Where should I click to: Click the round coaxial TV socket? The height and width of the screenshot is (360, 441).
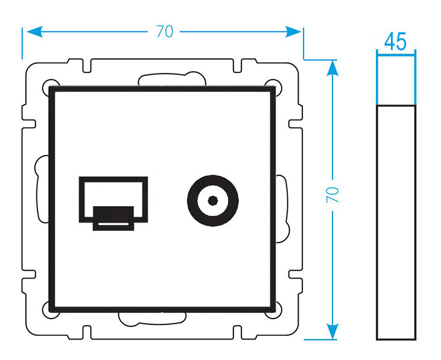coord(212,199)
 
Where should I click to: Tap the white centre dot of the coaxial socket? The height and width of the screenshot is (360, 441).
coord(212,199)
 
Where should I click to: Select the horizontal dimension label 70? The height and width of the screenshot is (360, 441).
coord(164,32)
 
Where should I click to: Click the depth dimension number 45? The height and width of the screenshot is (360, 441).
coord(395,42)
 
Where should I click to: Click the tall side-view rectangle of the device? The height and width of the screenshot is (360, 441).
coord(396,222)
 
